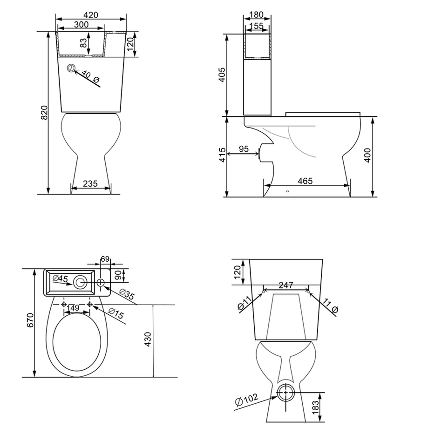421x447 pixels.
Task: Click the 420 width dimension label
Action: (x=91, y=14)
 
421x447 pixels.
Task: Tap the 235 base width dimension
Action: (x=90, y=183)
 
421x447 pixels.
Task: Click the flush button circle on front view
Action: (x=71, y=68)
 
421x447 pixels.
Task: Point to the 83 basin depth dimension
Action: (x=83, y=43)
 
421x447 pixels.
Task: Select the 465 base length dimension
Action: (x=306, y=181)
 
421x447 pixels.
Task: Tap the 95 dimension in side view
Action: (x=243, y=149)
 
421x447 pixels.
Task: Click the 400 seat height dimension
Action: (x=367, y=155)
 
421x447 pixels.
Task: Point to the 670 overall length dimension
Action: (x=30, y=320)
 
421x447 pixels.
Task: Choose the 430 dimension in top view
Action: (x=148, y=340)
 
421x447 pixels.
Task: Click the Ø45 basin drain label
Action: (x=61, y=279)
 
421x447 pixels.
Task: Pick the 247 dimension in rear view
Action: (x=286, y=283)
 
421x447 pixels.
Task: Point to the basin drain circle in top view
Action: (x=81, y=281)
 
